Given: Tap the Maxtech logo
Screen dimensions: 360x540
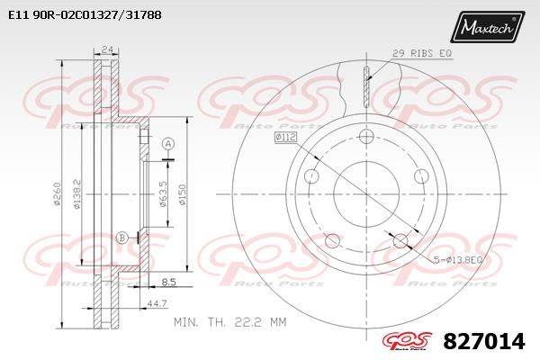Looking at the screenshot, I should point(488,28).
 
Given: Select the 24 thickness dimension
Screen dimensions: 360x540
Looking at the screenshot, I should point(107,49).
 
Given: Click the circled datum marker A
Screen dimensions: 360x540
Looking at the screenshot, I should point(167,144).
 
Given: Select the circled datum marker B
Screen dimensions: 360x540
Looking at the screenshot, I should point(121,238).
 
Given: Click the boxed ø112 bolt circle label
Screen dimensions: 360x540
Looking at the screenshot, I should point(286,138).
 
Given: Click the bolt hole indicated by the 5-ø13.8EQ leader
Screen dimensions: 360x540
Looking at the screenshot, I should point(399,240).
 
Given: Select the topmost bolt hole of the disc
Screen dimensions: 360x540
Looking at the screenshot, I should point(365,137).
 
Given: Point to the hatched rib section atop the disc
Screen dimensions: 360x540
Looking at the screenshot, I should point(365,85).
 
